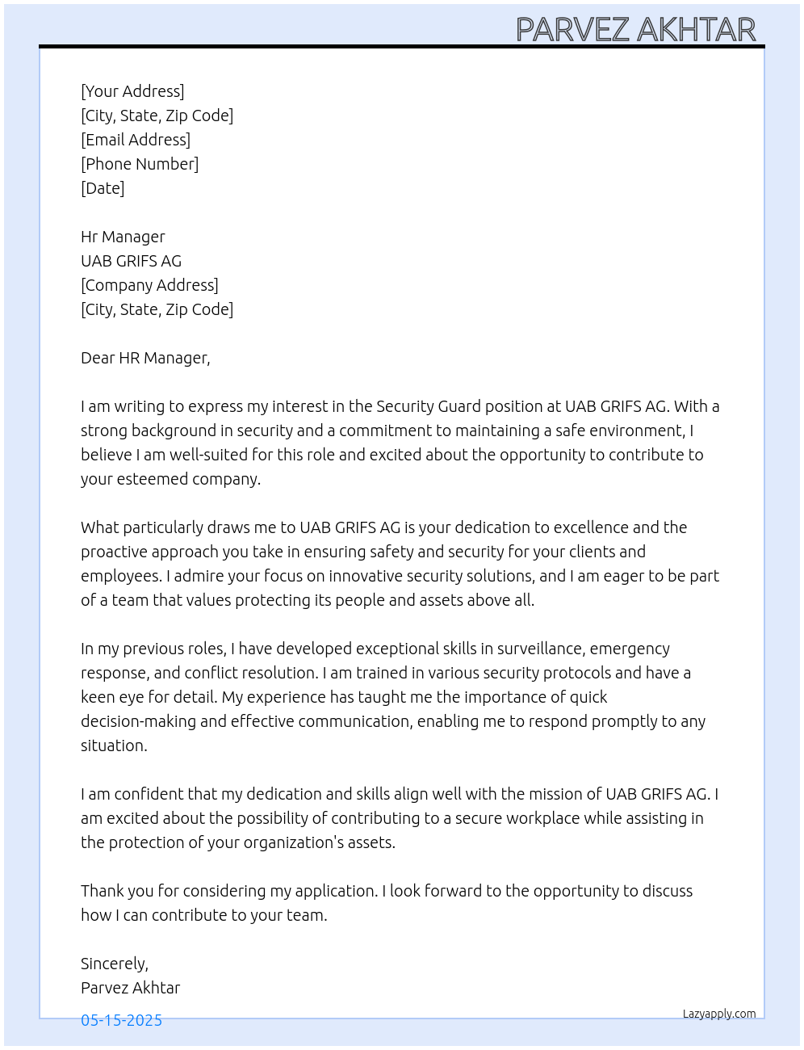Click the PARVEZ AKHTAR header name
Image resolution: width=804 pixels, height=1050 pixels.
(635, 30)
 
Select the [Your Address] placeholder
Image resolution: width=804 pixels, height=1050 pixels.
(132, 91)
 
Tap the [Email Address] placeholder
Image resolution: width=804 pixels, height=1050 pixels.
(136, 140)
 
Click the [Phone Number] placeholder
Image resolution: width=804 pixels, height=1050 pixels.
(140, 164)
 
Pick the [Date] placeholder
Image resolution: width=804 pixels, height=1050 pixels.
(103, 188)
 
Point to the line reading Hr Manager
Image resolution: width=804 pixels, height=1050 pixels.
(123, 237)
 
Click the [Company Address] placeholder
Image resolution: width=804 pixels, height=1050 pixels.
(149, 285)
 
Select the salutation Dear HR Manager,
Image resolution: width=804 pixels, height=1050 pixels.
(145, 358)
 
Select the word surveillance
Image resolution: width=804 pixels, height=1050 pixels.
(539, 649)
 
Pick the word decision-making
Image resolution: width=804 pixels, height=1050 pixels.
(138, 721)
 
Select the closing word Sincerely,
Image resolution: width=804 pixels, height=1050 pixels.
(115, 964)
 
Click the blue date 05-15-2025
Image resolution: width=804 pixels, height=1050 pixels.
(121, 1020)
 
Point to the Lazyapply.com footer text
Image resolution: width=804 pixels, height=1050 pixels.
(719, 1014)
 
